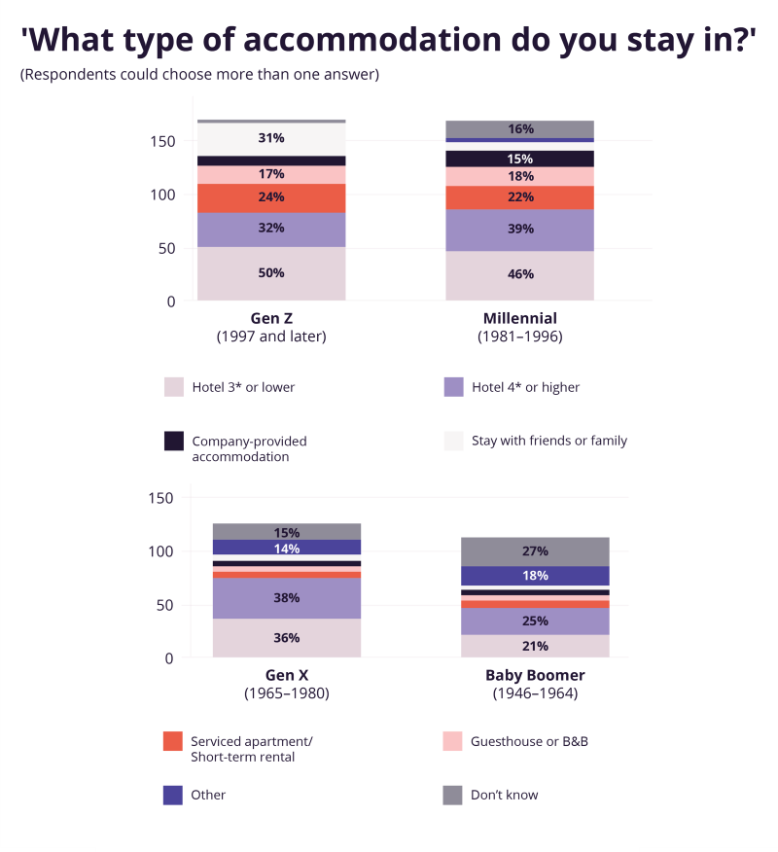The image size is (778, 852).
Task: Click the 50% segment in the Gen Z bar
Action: tap(271, 273)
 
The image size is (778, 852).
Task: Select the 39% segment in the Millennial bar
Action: tap(520, 230)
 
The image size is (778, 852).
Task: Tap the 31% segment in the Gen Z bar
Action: tap(271, 138)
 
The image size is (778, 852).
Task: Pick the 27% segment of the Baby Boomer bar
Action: tap(535, 551)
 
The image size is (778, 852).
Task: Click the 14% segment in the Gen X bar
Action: tap(287, 548)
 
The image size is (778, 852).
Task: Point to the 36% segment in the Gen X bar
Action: tap(287, 638)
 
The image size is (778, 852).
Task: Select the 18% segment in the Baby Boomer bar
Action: tap(535, 576)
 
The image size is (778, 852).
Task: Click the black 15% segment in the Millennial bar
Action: tap(520, 159)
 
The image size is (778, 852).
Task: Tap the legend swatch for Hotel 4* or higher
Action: tap(453, 387)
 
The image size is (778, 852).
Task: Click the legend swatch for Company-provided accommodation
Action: tap(174, 441)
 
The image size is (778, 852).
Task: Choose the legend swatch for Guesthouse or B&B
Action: tap(453, 741)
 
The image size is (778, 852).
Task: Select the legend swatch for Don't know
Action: tap(453, 795)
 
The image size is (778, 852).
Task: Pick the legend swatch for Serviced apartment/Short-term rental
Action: tap(174, 741)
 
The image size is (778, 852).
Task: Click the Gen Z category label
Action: tap(271, 318)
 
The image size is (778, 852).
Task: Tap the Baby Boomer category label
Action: tap(535, 675)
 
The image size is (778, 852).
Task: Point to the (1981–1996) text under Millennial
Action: tap(520, 337)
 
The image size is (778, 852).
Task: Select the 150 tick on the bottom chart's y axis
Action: tap(161, 498)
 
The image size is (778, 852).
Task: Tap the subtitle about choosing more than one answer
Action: tap(199, 75)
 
